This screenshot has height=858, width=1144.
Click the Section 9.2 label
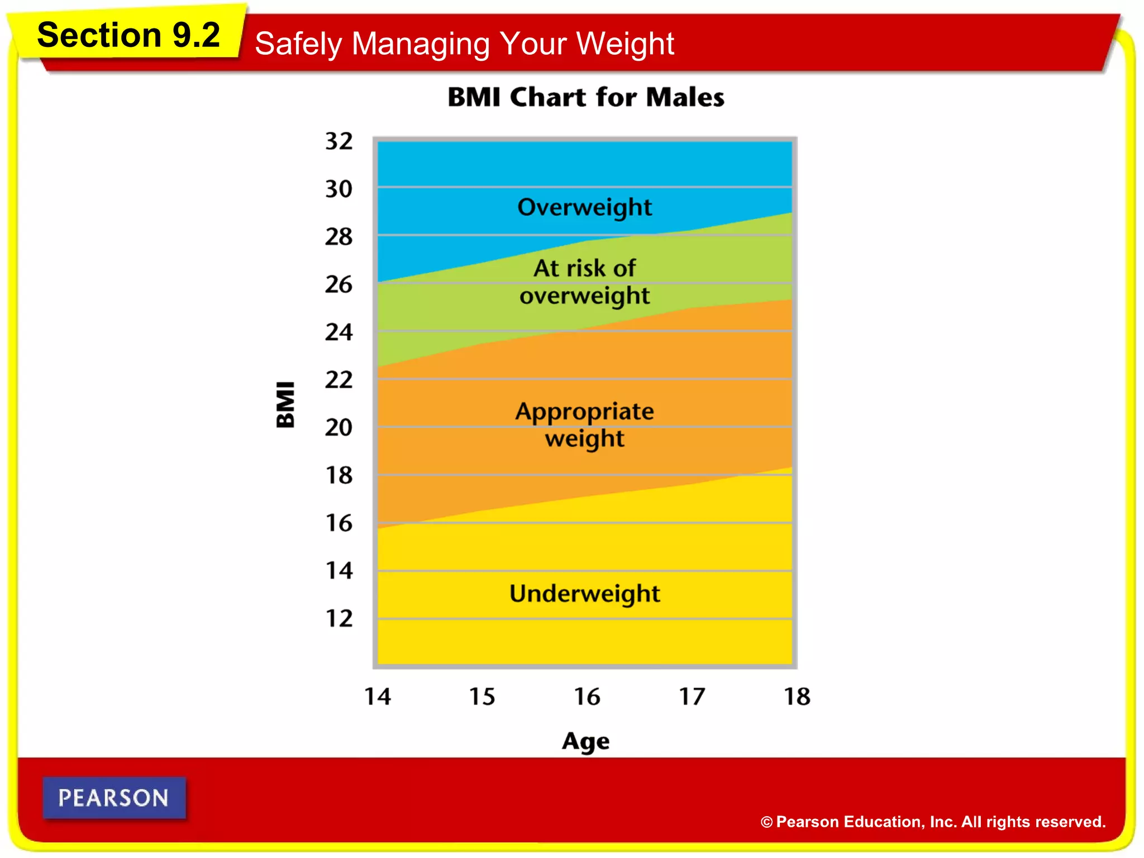coord(128,35)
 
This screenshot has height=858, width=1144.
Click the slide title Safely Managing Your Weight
coord(464,44)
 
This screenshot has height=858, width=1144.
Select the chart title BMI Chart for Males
coord(585,97)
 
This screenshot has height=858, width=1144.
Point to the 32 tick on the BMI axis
coord(339,141)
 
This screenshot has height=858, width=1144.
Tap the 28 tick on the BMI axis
coord(339,236)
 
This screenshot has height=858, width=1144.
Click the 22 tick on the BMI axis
coord(339,380)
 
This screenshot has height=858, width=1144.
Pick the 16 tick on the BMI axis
coord(339,523)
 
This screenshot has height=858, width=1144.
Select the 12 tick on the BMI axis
coord(339,618)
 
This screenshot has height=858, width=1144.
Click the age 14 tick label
coord(378,697)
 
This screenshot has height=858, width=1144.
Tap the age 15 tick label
coord(482,697)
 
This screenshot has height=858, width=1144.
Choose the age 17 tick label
coord(692,697)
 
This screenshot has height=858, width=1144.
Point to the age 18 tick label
coord(797,697)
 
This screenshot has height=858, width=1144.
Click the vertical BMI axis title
coord(285,404)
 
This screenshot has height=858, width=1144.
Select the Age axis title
coord(585,741)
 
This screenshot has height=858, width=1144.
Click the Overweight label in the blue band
coord(584,207)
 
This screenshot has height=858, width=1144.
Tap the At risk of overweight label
coord(584,282)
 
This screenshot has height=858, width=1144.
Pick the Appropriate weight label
coord(584,425)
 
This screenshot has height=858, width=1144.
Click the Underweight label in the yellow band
coord(584,593)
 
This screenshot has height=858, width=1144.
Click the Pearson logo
coord(114,798)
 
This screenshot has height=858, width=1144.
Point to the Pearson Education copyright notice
coord(932,822)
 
